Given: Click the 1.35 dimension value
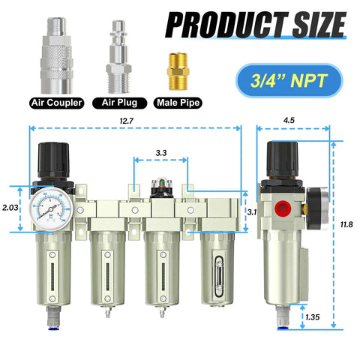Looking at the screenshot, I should pyautogui.click(x=313, y=317).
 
